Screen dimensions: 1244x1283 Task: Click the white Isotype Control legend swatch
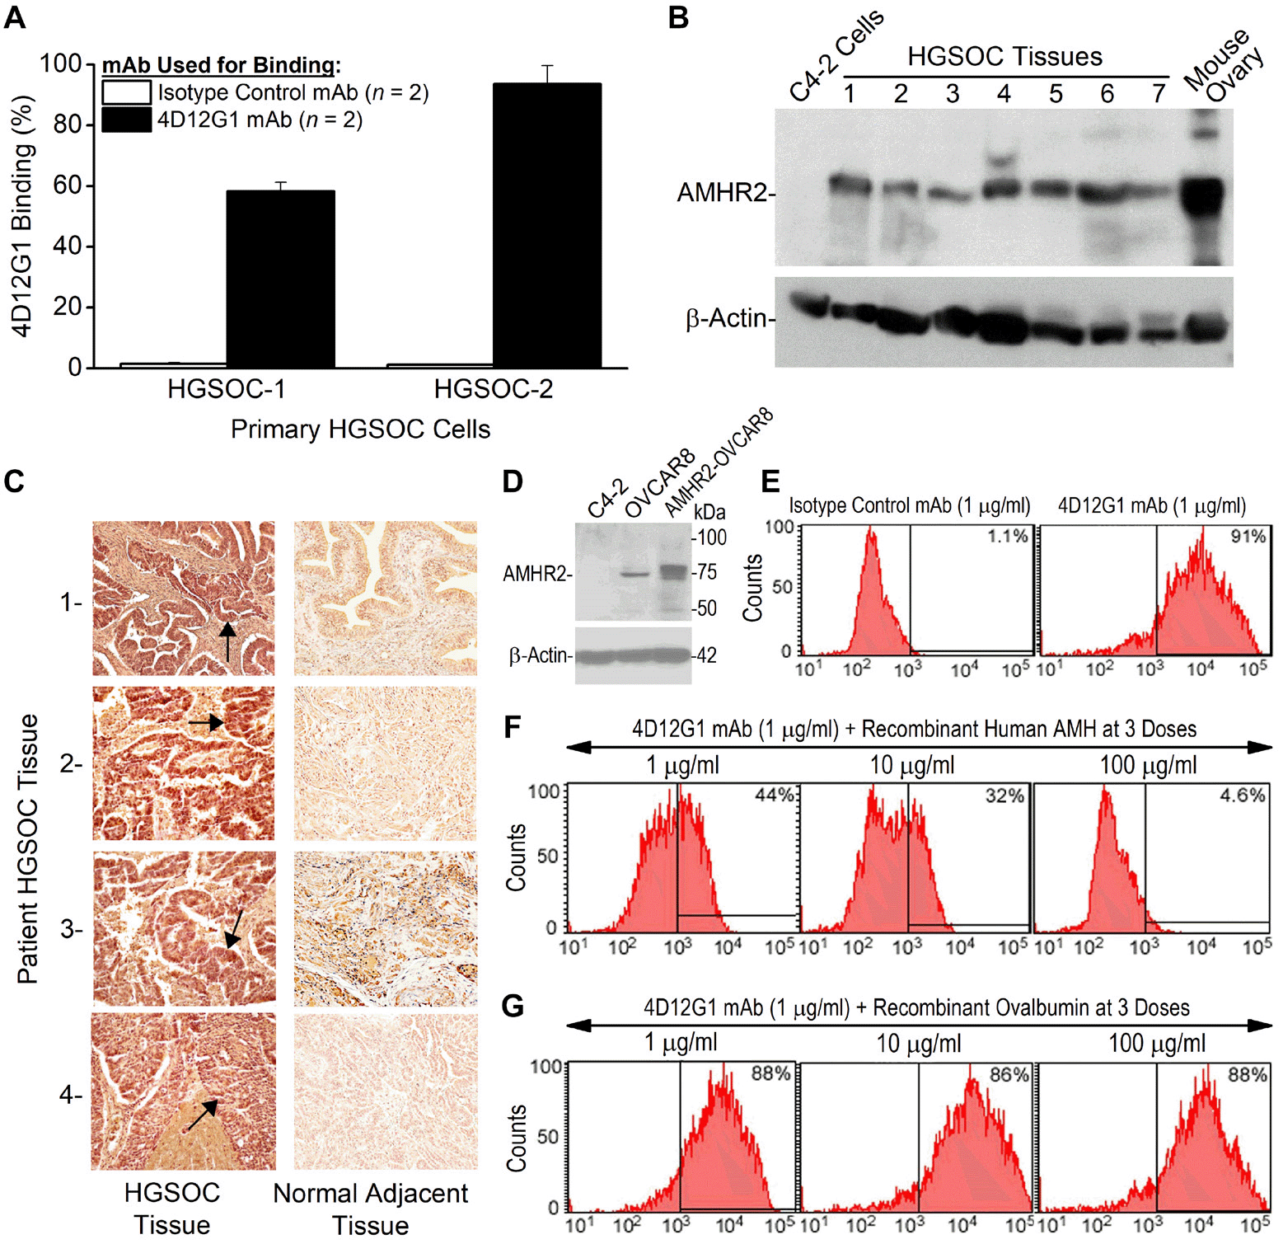coord(126,92)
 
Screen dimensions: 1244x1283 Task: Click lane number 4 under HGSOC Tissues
coord(1004,94)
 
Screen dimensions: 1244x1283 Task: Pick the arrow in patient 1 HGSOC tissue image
coord(227,641)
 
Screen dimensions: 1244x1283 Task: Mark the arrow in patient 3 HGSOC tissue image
coord(234,929)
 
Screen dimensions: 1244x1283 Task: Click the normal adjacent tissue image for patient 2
coord(386,763)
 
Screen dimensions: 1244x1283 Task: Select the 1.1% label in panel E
coord(1008,537)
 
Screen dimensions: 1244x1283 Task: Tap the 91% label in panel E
coord(1248,537)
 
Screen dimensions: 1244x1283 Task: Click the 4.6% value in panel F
coord(1243,796)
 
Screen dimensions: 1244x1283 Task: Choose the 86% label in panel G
coord(1009,1074)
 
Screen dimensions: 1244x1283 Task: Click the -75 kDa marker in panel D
coord(705,572)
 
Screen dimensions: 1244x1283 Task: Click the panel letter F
coord(513,728)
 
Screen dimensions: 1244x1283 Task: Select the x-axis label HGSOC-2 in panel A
coord(494,388)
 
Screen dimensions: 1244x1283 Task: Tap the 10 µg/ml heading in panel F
coord(912,765)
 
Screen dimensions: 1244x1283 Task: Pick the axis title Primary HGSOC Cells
coord(360,429)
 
